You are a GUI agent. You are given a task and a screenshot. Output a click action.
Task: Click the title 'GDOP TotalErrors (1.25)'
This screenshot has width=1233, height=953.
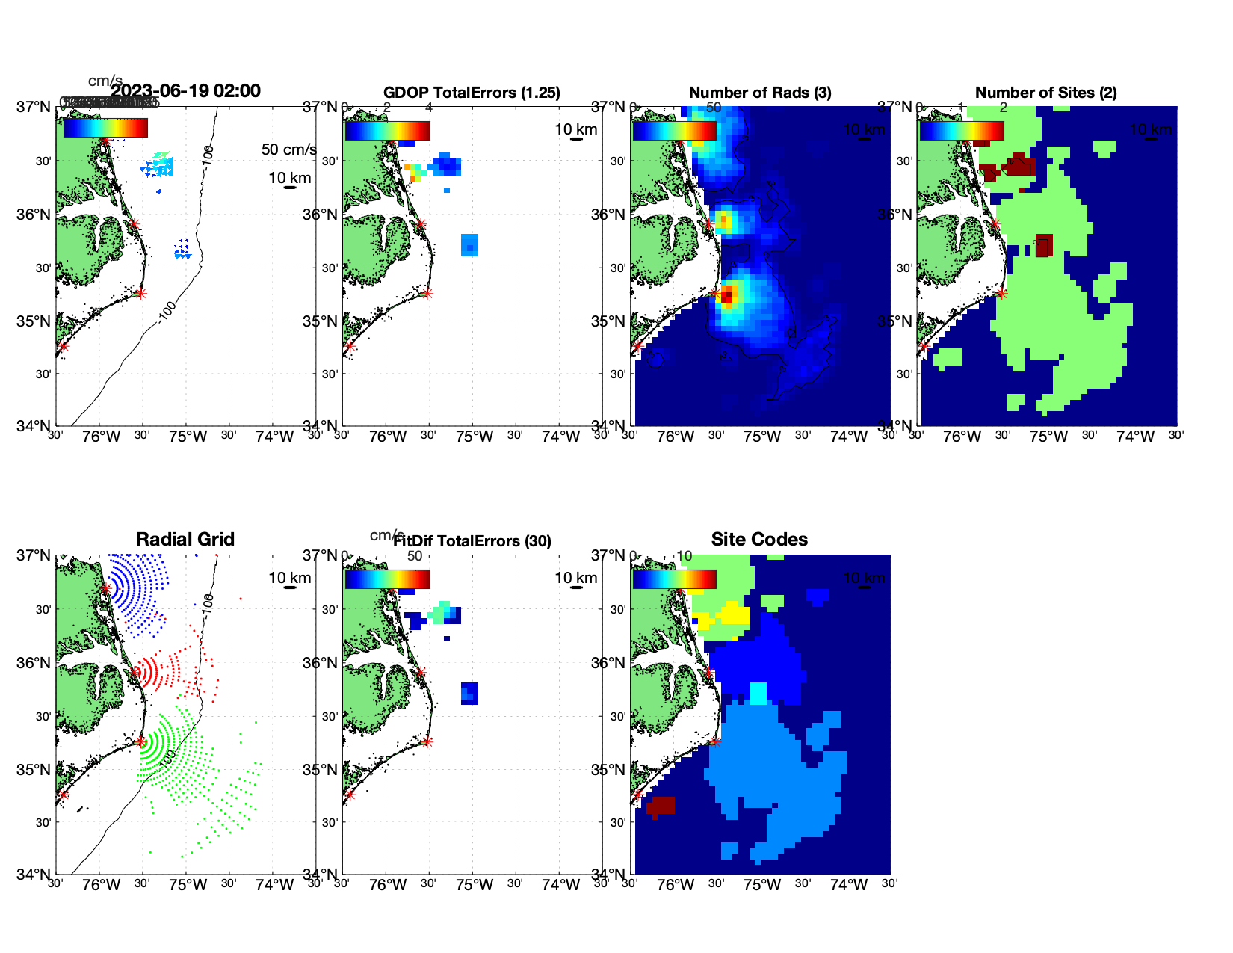click(472, 93)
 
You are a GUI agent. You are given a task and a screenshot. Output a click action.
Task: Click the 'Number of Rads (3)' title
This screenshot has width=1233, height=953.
click(760, 93)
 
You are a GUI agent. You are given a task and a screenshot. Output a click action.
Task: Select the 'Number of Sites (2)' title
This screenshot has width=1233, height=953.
click(1045, 93)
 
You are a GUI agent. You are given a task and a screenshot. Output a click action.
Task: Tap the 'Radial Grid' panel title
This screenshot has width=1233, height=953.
click(185, 540)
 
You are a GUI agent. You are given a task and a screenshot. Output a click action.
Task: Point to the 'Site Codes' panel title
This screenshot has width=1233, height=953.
click(759, 540)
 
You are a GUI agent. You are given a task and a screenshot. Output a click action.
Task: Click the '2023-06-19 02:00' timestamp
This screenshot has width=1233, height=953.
click(186, 91)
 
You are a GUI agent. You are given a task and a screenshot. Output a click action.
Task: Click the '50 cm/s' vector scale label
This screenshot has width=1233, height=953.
click(288, 149)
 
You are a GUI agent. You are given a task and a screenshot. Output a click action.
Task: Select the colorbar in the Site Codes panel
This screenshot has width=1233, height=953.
click(674, 579)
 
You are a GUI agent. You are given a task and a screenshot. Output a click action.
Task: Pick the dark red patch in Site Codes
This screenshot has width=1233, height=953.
click(661, 805)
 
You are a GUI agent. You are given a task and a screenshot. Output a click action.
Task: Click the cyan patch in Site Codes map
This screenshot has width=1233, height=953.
click(758, 693)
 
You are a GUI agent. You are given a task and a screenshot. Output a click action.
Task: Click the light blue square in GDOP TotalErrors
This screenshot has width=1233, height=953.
click(469, 245)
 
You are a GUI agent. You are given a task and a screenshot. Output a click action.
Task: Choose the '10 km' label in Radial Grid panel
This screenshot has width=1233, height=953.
click(289, 578)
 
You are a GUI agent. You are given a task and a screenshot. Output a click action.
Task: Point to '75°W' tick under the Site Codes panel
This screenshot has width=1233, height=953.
click(762, 886)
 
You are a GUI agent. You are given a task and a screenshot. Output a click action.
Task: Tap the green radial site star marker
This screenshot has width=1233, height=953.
click(140, 741)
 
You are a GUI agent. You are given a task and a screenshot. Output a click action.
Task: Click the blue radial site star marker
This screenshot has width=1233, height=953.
click(105, 589)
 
